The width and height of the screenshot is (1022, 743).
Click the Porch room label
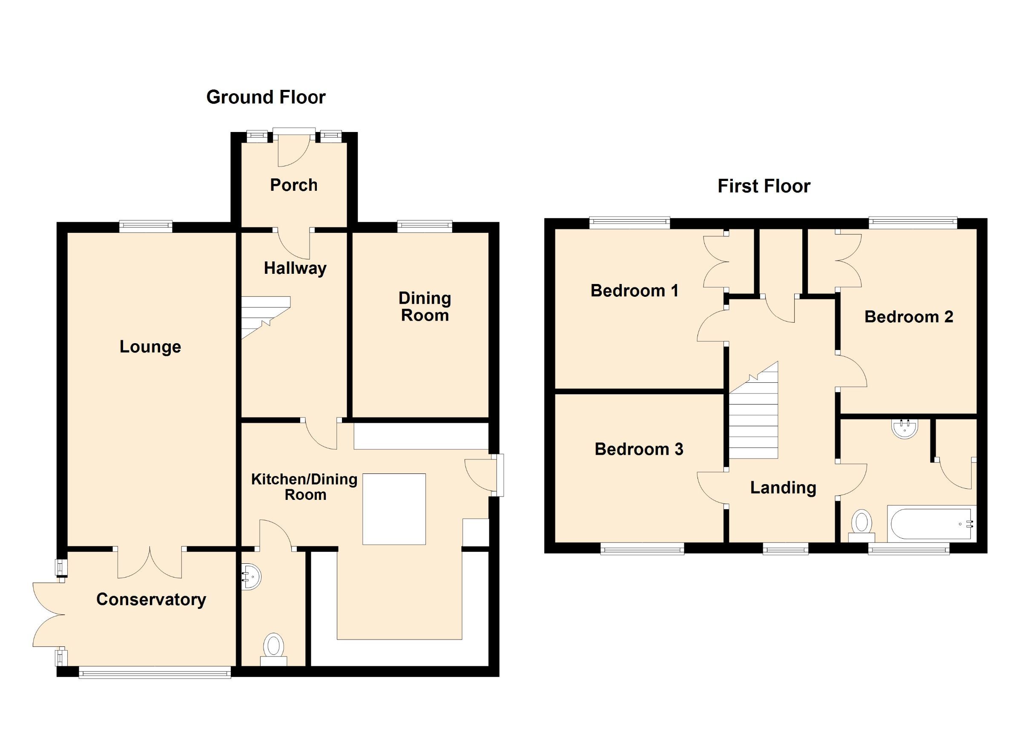coord(293,185)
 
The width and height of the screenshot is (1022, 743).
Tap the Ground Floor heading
coord(265,98)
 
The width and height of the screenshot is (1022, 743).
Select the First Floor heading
coord(764,186)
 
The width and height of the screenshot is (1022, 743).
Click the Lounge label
coord(150,347)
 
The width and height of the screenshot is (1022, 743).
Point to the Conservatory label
coord(151,599)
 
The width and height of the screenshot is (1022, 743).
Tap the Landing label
coord(783,488)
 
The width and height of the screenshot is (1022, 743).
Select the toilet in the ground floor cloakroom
coord(274,649)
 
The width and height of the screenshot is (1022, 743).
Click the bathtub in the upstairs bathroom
coord(931,524)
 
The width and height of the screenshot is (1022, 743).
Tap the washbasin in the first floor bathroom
coord(904,428)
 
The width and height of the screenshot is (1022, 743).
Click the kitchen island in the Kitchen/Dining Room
coord(394,509)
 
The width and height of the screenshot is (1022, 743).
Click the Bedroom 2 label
coord(908,317)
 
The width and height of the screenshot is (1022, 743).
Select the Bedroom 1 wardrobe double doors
coord(715,261)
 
